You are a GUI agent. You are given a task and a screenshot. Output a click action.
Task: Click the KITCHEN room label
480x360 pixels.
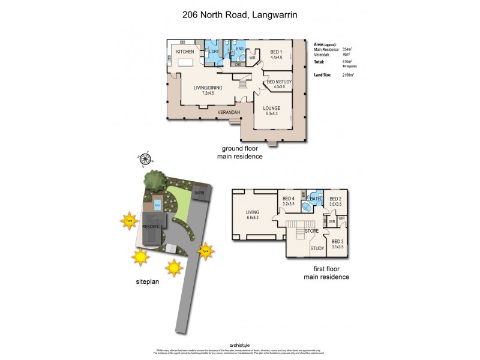185,52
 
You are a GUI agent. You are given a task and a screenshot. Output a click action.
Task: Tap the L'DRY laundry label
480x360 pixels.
214,52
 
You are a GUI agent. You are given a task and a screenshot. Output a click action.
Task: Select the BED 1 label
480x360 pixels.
277,52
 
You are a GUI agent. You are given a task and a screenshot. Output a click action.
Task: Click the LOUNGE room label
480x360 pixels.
271,108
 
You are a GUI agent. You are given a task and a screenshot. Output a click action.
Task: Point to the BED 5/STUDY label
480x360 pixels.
278,82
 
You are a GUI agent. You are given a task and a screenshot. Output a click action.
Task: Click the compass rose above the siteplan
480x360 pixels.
145,159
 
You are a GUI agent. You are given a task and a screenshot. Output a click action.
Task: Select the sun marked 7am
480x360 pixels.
129,221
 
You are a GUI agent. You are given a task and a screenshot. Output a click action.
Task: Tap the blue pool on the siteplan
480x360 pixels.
157,204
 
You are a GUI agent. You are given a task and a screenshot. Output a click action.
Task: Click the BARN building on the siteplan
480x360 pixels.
199,193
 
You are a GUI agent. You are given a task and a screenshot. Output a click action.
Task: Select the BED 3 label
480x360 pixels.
337,241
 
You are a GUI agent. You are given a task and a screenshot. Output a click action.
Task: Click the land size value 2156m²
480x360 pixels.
347,75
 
